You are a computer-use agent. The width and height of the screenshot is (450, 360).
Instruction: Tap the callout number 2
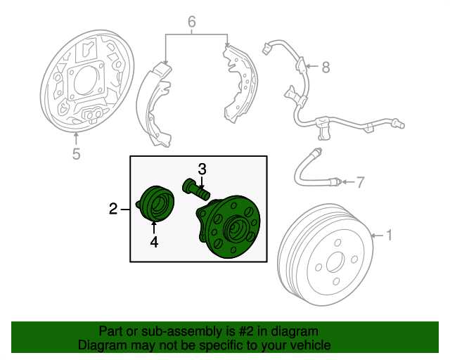tap(112, 209)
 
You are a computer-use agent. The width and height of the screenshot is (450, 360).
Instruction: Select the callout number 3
tap(202, 169)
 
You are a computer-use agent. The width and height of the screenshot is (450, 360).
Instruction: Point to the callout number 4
tap(153, 243)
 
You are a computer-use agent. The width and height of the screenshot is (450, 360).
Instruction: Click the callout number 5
tap(76, 154)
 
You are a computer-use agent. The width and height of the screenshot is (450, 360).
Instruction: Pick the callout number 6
tap(191, 22)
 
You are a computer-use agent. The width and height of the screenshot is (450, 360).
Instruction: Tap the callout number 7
tap(360, 184)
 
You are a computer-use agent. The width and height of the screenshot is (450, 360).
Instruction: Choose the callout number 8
tap(325, 67)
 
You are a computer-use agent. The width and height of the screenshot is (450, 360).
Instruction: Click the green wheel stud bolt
tap(196, 188)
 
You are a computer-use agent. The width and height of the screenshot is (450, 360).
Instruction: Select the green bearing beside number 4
tap(156, 204)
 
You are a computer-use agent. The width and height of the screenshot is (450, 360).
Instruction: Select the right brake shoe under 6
tap(239, 81)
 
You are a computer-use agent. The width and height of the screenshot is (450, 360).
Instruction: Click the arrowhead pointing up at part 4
tap(153, 224)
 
